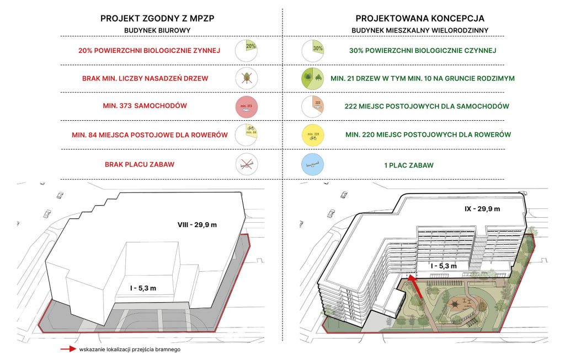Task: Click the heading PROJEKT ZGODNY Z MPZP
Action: point(157,18)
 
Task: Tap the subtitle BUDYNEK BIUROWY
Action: point(157,31)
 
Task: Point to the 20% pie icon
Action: point(247,51)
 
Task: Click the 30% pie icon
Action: point(313,51)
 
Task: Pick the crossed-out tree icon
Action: point(247,78)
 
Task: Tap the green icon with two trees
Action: point(313,78)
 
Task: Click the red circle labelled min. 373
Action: point(247,106)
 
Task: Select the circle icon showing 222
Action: point(313,106)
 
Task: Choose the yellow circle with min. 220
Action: point(313,135)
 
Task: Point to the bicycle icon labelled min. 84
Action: point(247,135)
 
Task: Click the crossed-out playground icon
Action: point(247,164)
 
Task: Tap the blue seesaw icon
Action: point(313,164)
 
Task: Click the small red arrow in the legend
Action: point(68,349)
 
